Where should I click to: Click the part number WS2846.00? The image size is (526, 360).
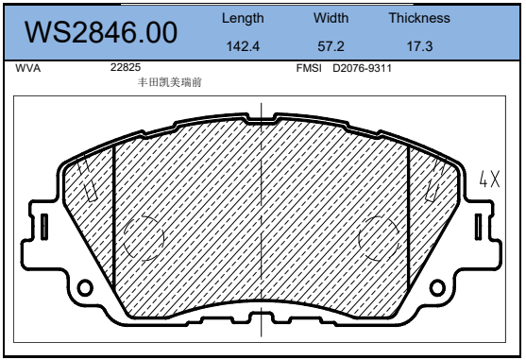click(101, 32)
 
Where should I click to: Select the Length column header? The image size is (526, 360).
click(243, 19)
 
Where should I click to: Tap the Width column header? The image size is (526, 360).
click(331, 18)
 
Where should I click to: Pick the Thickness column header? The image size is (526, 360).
click(419, 18)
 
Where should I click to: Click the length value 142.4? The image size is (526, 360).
click(243, 46)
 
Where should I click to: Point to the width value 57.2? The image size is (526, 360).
click(331, 46)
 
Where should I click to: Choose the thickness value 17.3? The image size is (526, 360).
click(419, 46)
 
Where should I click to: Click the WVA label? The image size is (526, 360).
click(27, 68)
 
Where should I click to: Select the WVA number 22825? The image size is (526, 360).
click(126, 67)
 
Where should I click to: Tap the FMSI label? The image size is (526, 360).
click(309, 68)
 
